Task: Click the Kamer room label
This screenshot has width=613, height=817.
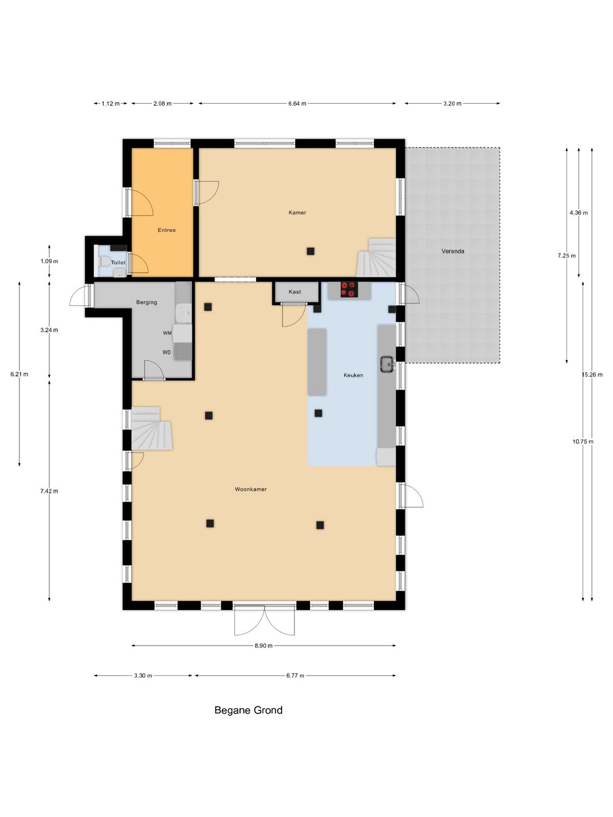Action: pos(297,213)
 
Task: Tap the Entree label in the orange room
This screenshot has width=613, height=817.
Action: pos(166,230)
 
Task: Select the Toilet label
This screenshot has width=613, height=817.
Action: pos(119,263)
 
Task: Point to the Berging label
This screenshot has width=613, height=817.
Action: pos(146,302)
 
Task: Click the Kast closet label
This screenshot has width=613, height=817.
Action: pos(295,292)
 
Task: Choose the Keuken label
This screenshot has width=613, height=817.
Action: pos(353,375)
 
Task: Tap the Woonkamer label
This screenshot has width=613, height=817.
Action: pos(250,489)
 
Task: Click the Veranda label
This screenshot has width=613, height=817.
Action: pos(452,251)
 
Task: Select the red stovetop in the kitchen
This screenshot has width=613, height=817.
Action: pos(350,289)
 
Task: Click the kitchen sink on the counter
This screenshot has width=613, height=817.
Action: pos(387,364)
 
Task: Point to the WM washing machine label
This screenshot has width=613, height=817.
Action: pos(167,333)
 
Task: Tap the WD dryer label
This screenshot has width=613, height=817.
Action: pos(166,352)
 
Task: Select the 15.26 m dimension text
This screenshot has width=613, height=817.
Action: pos(592,375)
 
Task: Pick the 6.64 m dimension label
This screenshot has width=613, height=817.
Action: pos(297,103)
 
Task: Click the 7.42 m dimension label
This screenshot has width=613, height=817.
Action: pos(49,491)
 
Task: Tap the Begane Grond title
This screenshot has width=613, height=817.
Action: pos(248,710)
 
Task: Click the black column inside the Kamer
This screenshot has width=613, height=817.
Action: pos(310,251)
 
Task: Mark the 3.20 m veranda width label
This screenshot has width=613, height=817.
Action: pos(452,103)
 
